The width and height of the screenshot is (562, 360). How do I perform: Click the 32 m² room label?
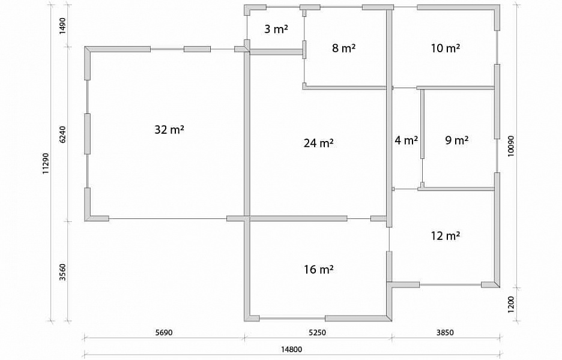169,130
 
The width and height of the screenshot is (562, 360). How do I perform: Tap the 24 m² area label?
319,143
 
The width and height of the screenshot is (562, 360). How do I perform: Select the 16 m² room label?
319,269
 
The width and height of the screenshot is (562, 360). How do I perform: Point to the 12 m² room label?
445,236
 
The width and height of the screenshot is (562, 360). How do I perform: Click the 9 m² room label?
456,140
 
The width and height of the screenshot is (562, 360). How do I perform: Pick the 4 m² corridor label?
406,140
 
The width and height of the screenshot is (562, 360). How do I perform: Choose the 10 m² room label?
445,47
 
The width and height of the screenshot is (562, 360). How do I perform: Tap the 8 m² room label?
343,47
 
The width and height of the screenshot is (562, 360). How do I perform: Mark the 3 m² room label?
276,29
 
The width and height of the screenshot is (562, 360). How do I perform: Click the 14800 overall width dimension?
291,349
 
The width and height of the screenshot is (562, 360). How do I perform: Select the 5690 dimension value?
164,332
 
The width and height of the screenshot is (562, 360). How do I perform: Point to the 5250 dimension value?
318,332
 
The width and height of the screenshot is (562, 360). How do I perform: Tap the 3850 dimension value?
445,332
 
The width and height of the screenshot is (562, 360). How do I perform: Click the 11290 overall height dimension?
46,163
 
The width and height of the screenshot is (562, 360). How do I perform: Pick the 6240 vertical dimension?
62,134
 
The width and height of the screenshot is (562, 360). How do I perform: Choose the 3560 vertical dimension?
62,272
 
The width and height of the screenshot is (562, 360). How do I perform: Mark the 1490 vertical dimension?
62,25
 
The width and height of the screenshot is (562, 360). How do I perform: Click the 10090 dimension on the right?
511,145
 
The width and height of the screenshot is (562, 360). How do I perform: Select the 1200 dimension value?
511,304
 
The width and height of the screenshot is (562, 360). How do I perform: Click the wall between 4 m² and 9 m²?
423,124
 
